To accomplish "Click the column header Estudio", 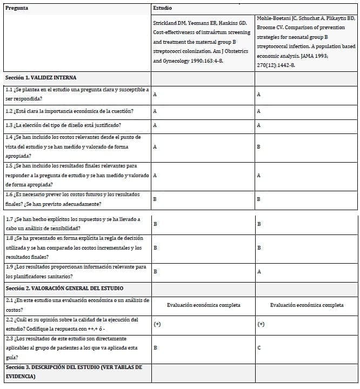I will (163, 9).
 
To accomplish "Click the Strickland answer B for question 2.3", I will (156, 347).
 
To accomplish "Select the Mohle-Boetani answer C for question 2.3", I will (259, 347).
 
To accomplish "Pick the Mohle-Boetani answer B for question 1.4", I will (259, 146).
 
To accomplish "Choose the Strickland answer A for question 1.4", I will (156, 146).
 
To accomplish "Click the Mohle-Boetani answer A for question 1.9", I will (259, 272).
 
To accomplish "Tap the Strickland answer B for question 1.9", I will (156, 272).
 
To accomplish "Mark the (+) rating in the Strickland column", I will (157, 324).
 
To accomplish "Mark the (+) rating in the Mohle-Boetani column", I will (261, 324).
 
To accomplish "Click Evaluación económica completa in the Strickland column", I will (203, 305).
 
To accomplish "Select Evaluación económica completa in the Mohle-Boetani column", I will (306, 305).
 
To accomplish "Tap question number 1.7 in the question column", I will (9, 219).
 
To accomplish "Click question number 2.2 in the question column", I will (9, 319).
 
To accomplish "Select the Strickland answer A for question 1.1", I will (156, 94).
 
